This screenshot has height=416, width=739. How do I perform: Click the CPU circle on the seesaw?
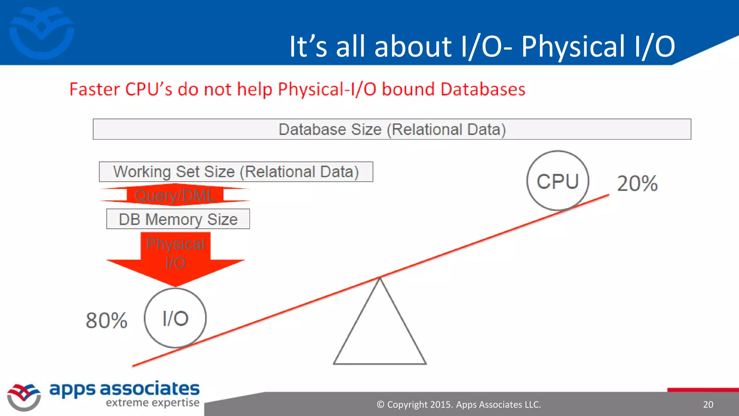557,181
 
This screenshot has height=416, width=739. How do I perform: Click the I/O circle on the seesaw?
175,318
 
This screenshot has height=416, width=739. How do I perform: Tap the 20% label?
637,183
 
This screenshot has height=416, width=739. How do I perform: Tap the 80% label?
106,320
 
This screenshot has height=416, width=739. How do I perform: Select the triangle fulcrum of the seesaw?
380,332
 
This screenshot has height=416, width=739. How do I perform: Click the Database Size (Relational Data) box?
392,129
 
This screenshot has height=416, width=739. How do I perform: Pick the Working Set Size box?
236,172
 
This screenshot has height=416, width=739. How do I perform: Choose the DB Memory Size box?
178,219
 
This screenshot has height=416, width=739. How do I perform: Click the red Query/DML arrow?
175,195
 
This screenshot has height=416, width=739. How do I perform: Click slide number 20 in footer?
708,404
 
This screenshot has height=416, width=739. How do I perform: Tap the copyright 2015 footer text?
459,404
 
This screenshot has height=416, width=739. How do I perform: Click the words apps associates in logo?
124,389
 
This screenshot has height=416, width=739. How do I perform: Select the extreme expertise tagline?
152,403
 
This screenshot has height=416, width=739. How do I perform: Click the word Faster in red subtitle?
94,89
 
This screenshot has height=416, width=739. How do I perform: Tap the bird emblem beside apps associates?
24,396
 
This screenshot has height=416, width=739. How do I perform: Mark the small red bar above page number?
703,390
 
